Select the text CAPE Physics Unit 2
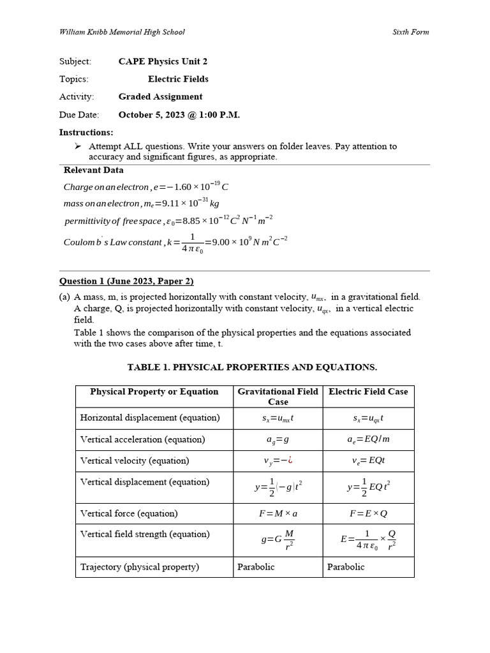point(163,62)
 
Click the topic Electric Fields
point(178,79)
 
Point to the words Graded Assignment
point(160,97)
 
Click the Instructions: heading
point(86,133)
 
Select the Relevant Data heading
point(94,170)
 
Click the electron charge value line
point(146,187)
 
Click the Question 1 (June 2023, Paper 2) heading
point(126,281)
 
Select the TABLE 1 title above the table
point(252,367)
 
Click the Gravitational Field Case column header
point(278,397)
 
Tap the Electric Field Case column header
point(368,392)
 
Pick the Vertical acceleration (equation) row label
point(142,439)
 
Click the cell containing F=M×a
point(278,513)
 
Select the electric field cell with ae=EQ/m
point(368,439)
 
